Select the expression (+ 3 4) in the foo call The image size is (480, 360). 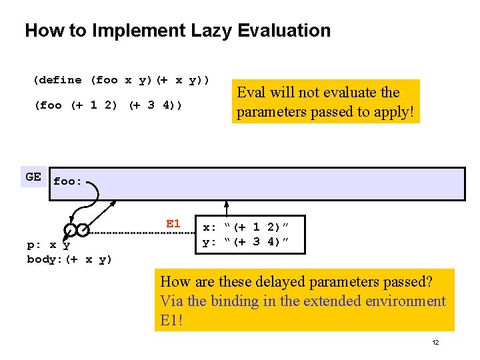pos(155,105)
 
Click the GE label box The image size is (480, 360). pos(33,177)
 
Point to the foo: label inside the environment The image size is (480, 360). pos(67,181)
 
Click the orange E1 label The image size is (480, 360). pos(173,224)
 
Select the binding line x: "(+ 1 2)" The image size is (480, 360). pos(246,227)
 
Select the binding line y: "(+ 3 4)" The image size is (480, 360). pos(246,242)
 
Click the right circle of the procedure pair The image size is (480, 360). pos(82,230)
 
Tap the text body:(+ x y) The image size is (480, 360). pos(69,259)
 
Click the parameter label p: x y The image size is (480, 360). pos(48,245)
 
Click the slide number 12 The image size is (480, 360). pos(435,343)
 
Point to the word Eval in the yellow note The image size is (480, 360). pos(251,93)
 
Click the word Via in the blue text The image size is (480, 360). pos(171,301)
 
